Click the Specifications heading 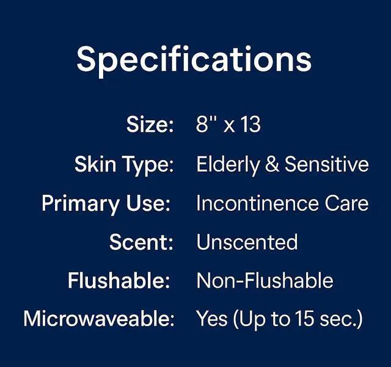click(194, 60)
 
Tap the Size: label click(150, 124)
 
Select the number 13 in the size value click(251, 124)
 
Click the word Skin click(95, 164)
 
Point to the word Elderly click(228, 165)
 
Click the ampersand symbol click(272, 164)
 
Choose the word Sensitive click(327, 164)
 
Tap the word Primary click(81, 205)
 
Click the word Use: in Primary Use click(148, 203)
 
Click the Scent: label click(141, 242)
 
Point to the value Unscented click(247, 242)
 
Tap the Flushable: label click(119, 280)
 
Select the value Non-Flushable click(265, 280)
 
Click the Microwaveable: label click(99, 319)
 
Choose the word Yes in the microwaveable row click(212, 319)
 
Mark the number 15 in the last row click(304, 319)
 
